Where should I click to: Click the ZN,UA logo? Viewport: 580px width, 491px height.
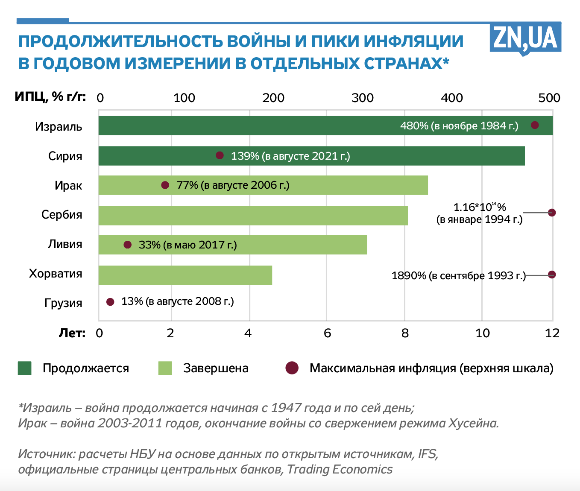pyautogui.click(x=525, y=38)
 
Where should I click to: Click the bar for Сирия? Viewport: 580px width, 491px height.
pyautogui.click(x=384, y=156)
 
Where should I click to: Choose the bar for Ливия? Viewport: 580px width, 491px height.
pyautogui.click(x=299, y=245)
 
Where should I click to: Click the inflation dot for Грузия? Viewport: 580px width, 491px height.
pyautogui.click(x=110, y=302)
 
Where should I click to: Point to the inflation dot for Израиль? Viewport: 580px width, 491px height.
pyautogui.click(x=535, y=125)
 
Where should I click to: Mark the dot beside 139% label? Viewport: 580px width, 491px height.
pyautogui.click(x=220, y=155)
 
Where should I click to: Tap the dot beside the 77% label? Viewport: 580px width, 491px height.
pyautogui.click(x=165, y=185)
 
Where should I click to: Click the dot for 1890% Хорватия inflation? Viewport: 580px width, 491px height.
pyautogui.click(x=552, y=275)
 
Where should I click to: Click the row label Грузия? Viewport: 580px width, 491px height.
pyautogui.click(x=63, y=303)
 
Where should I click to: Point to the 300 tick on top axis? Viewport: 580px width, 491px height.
pyautogui.click(x=363, y=98)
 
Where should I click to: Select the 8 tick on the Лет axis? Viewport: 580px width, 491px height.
pyautogui.click(x=405, y=333)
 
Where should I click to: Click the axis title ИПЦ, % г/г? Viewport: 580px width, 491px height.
pyautogui.click(x=50, y=97)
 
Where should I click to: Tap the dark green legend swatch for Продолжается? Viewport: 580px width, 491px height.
pyautogui.click(x=25, y=368)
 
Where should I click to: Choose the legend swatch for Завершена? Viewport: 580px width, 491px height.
pyautogui.click(x=165, y=368)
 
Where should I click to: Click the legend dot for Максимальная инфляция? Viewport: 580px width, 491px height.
pyautogui.click(x=292, y=368)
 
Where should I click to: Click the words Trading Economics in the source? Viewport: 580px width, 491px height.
pyautogui.click(x=340, y=469)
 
